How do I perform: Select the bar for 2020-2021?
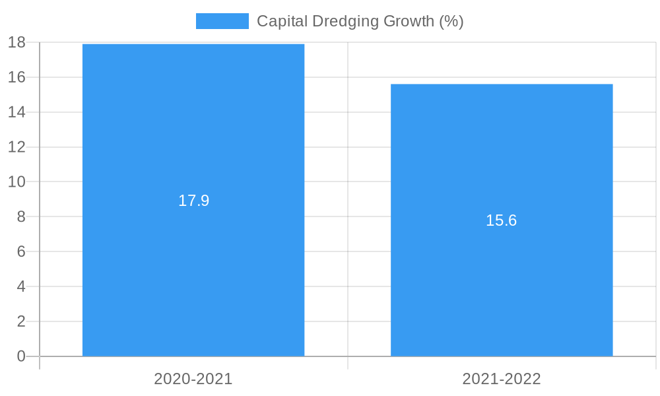[x=193, y=264]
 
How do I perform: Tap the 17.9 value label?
[x=193, y=201]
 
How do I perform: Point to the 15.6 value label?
[x=502, y=220]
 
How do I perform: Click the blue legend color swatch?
[x=222, y=21]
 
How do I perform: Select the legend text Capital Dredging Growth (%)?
[x=360, y=21]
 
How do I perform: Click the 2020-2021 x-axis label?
[x=193, y=379]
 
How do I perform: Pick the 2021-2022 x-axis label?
[x=502, y=379]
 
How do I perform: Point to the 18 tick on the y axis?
[x=16, y=43]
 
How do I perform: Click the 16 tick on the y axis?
[x=16, y=77]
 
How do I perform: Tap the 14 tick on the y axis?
[x=16, y=112]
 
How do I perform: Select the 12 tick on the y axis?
[x=16, y=147]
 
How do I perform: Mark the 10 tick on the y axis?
[x=16, y=181]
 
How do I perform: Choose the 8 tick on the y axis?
[x=20, y=216]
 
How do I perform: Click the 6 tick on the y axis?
[x=20, y=251]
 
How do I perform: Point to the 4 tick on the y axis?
[x=20, y=286]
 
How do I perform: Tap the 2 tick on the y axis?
[x=20, y=321]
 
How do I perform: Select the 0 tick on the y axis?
[x=20, y=356]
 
